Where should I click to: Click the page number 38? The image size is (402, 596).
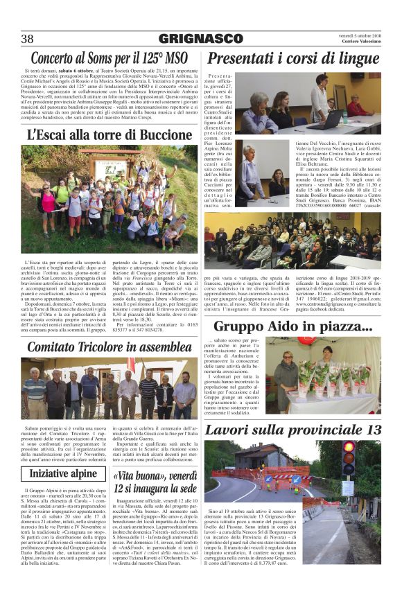point(28,38)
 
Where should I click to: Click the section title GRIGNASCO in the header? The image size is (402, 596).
point(200,39)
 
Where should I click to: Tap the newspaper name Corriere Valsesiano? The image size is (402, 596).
point(362,42)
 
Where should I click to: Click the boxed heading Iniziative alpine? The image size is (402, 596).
point(63,473)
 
